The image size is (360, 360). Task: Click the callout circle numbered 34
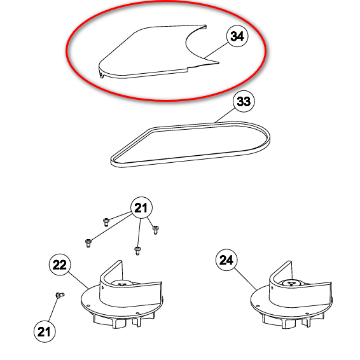pos(237,36)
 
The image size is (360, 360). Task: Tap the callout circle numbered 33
pos(244,101)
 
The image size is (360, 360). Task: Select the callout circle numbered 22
pos(60,265)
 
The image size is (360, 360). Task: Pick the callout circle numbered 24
pos(226,260)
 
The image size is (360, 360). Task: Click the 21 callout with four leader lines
pos(141,208)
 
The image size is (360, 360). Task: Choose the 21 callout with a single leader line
pos(45,331)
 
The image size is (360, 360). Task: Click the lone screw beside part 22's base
pos(60,294)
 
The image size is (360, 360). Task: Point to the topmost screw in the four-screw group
pos(106,222)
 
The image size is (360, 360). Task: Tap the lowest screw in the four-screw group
pos(137,251)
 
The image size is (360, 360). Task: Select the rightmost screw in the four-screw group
pos(155,230)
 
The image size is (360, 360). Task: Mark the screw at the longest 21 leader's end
pos(88,244)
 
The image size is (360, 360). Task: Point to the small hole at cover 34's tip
pos(101,74)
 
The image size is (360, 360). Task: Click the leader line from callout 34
pos(216,50)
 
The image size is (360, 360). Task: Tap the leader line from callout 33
pos(225,116)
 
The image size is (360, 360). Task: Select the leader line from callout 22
pos(78,280)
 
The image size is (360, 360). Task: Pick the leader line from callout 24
pos(246,279)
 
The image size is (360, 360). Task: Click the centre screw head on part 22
pos(121,284)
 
